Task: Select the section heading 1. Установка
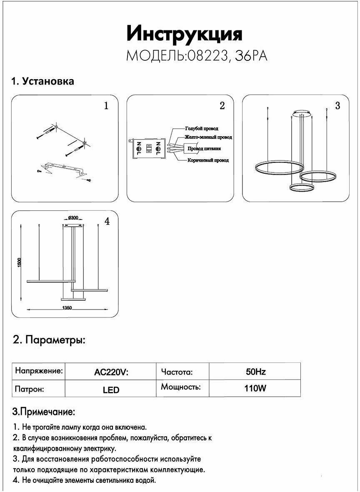click(42, 81)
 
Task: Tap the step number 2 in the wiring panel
click(222, 106)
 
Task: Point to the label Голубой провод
click(202, 129)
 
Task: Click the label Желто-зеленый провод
click(208, 137)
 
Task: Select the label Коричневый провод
click(207, 160)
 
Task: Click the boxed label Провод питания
click(204, 148)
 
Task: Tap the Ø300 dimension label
click(72, 218)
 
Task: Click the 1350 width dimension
click(67, 308)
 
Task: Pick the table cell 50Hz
click(255, 372)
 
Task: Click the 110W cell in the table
click(255, 389)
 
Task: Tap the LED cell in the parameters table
click(111, 390)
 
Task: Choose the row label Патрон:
click(30, 390)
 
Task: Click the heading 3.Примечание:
click(44, 412)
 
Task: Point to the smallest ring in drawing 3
click(302, 187)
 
